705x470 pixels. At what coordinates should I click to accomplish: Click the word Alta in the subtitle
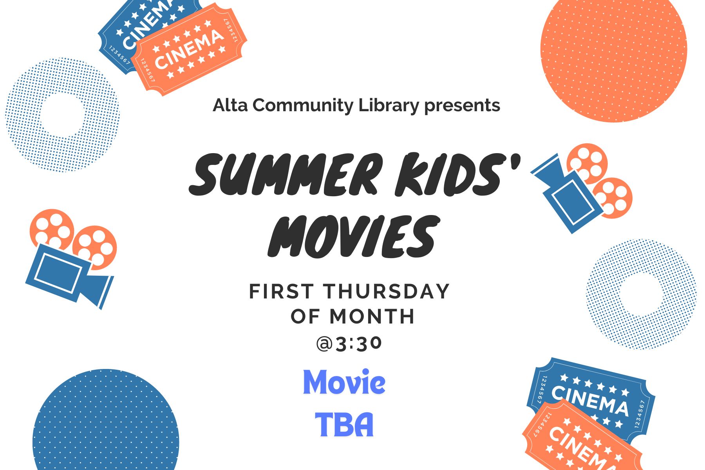230,105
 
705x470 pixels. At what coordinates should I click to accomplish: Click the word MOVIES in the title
352,237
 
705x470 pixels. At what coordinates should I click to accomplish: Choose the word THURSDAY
386,291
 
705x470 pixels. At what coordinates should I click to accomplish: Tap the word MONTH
372,316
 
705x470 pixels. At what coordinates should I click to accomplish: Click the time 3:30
358,344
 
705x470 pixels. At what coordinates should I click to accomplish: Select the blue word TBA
344,425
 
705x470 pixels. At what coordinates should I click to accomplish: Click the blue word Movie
344,382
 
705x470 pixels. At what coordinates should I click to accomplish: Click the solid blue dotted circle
106,431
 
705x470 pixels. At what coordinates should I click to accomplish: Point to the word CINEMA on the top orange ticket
189,49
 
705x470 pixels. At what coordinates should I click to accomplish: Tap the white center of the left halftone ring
61,115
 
